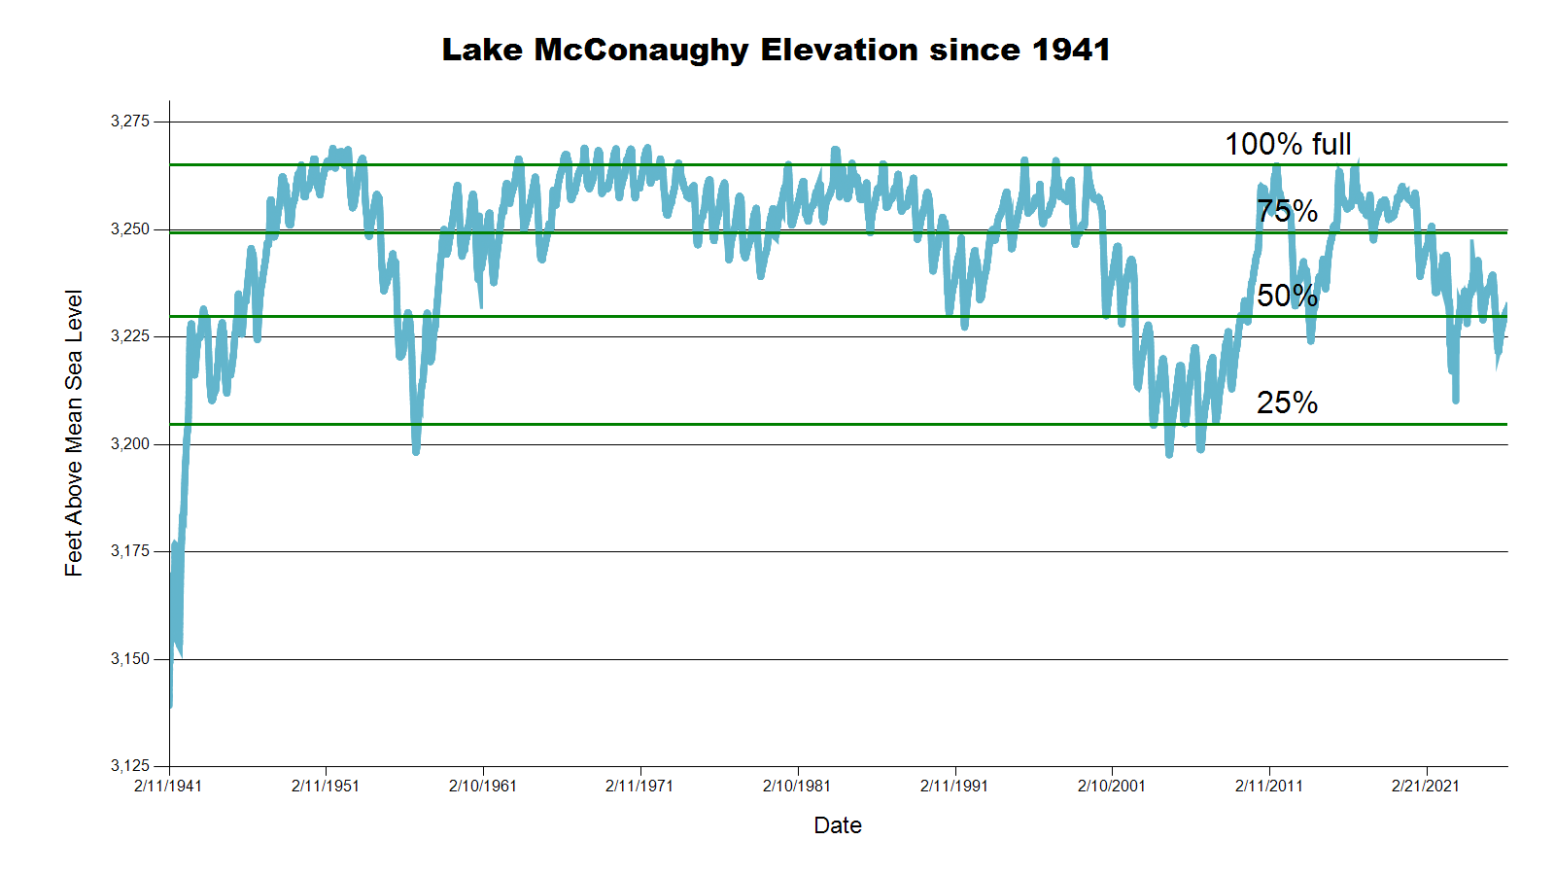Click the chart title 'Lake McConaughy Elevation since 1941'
(776, 50)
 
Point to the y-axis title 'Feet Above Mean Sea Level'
(74, 433)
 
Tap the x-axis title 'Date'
(838, 825)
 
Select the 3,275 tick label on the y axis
(130, 122)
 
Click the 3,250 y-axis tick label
(130, 229)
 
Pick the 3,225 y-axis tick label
(130, 336)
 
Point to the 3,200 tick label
(130, 444)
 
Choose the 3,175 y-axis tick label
(130, 551)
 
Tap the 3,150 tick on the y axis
(130, 659)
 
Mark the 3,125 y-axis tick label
(130, 766)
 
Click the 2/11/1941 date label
(168, 786)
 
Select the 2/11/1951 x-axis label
(326, 786)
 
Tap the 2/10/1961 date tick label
(483, 786)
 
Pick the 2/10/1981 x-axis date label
(797, 786)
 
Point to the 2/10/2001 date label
(1112, 786)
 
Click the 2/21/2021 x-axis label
(1426, 786)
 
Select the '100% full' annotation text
(1288, 145)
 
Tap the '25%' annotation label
(1287, 402)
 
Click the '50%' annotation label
(1287, 296)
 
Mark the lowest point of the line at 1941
(170, 706)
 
